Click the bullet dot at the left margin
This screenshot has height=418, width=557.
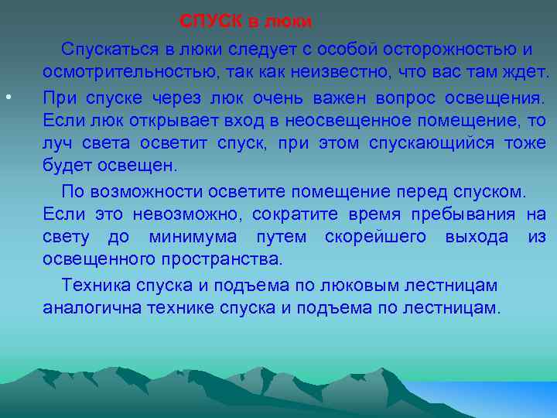point(6,98)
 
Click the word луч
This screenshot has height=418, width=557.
point(57,145)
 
